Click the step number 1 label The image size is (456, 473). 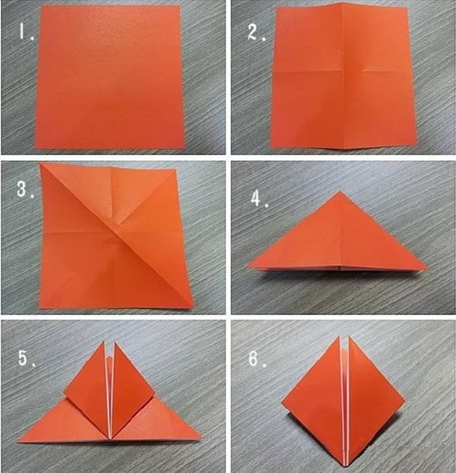26,32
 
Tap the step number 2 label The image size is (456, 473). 256,32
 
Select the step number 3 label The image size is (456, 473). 25,189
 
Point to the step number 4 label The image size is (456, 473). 259,200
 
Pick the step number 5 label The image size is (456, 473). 27,358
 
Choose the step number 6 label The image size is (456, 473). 257,359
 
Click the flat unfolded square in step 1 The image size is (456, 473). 110,77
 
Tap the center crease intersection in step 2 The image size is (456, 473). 342,71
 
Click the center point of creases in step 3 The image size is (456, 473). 112,232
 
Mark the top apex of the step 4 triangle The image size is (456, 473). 340,191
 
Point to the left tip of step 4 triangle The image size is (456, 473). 248,266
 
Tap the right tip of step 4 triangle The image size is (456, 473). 427,268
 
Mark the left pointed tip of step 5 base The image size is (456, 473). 19,442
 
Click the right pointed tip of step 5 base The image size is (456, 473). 200,437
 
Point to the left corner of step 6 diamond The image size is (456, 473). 282,403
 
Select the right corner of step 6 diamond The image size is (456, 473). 404,401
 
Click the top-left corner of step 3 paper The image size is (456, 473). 40,163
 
